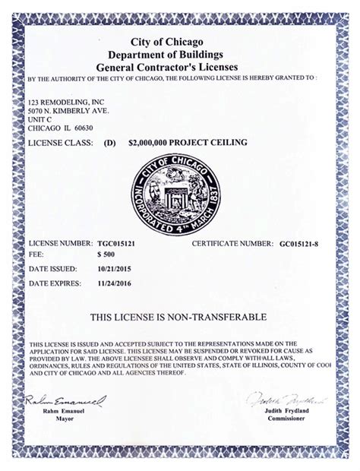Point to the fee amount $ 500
click(x=107, y=255)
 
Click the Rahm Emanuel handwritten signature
click(x=65, y=400)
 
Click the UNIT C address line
click(x=38, y=119)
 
